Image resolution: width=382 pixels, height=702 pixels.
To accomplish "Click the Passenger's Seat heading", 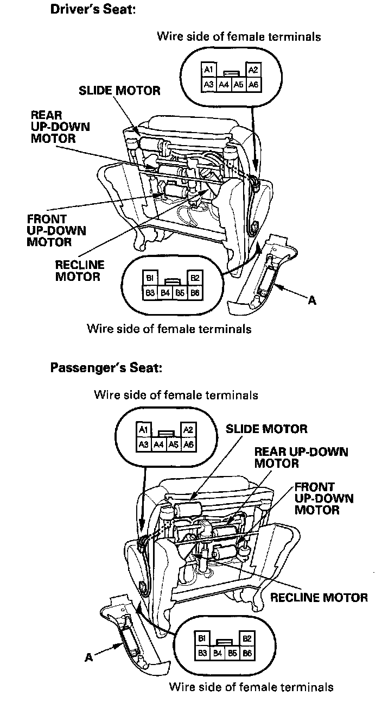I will [106, 368].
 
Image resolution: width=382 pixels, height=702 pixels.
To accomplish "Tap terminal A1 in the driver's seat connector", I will [208, 70].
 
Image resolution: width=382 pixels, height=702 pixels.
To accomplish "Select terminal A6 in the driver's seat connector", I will [253, 84].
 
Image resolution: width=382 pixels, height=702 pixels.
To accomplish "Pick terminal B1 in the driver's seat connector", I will [149, 278].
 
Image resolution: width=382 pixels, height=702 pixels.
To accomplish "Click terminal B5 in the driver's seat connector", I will [180, 293].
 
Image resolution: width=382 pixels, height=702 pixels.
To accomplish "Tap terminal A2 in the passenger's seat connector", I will [188, 430].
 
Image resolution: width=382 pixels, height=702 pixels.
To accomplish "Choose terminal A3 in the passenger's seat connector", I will [143, 444].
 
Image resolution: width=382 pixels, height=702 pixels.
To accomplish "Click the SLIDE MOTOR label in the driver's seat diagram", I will [119, 91].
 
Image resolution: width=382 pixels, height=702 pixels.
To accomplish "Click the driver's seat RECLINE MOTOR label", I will [80, 271].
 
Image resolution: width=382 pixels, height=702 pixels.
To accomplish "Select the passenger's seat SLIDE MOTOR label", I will [266, 429].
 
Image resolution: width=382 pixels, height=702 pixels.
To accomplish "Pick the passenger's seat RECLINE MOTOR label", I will [319, 598].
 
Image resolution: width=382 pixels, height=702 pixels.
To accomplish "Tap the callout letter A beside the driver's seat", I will [312, 300].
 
